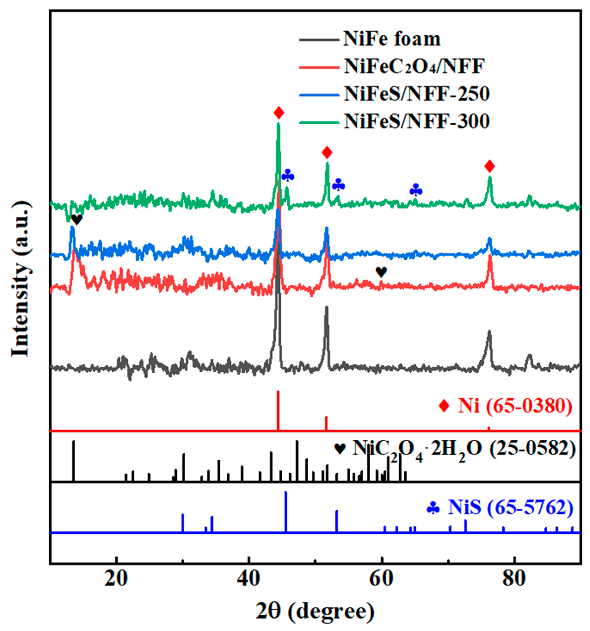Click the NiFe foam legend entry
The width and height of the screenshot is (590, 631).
(x=392, y=39)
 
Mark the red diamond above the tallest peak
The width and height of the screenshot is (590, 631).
(x=278, y=113)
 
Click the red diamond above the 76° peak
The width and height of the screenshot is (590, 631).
(x=490, y=166)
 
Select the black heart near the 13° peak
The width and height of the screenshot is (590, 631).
(x=77, y=219)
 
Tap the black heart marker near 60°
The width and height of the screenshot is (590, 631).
(x=381, y=272)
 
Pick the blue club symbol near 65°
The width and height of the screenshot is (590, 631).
(x=416, y=190)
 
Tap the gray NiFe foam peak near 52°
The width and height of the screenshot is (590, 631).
(x=326, y=333)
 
